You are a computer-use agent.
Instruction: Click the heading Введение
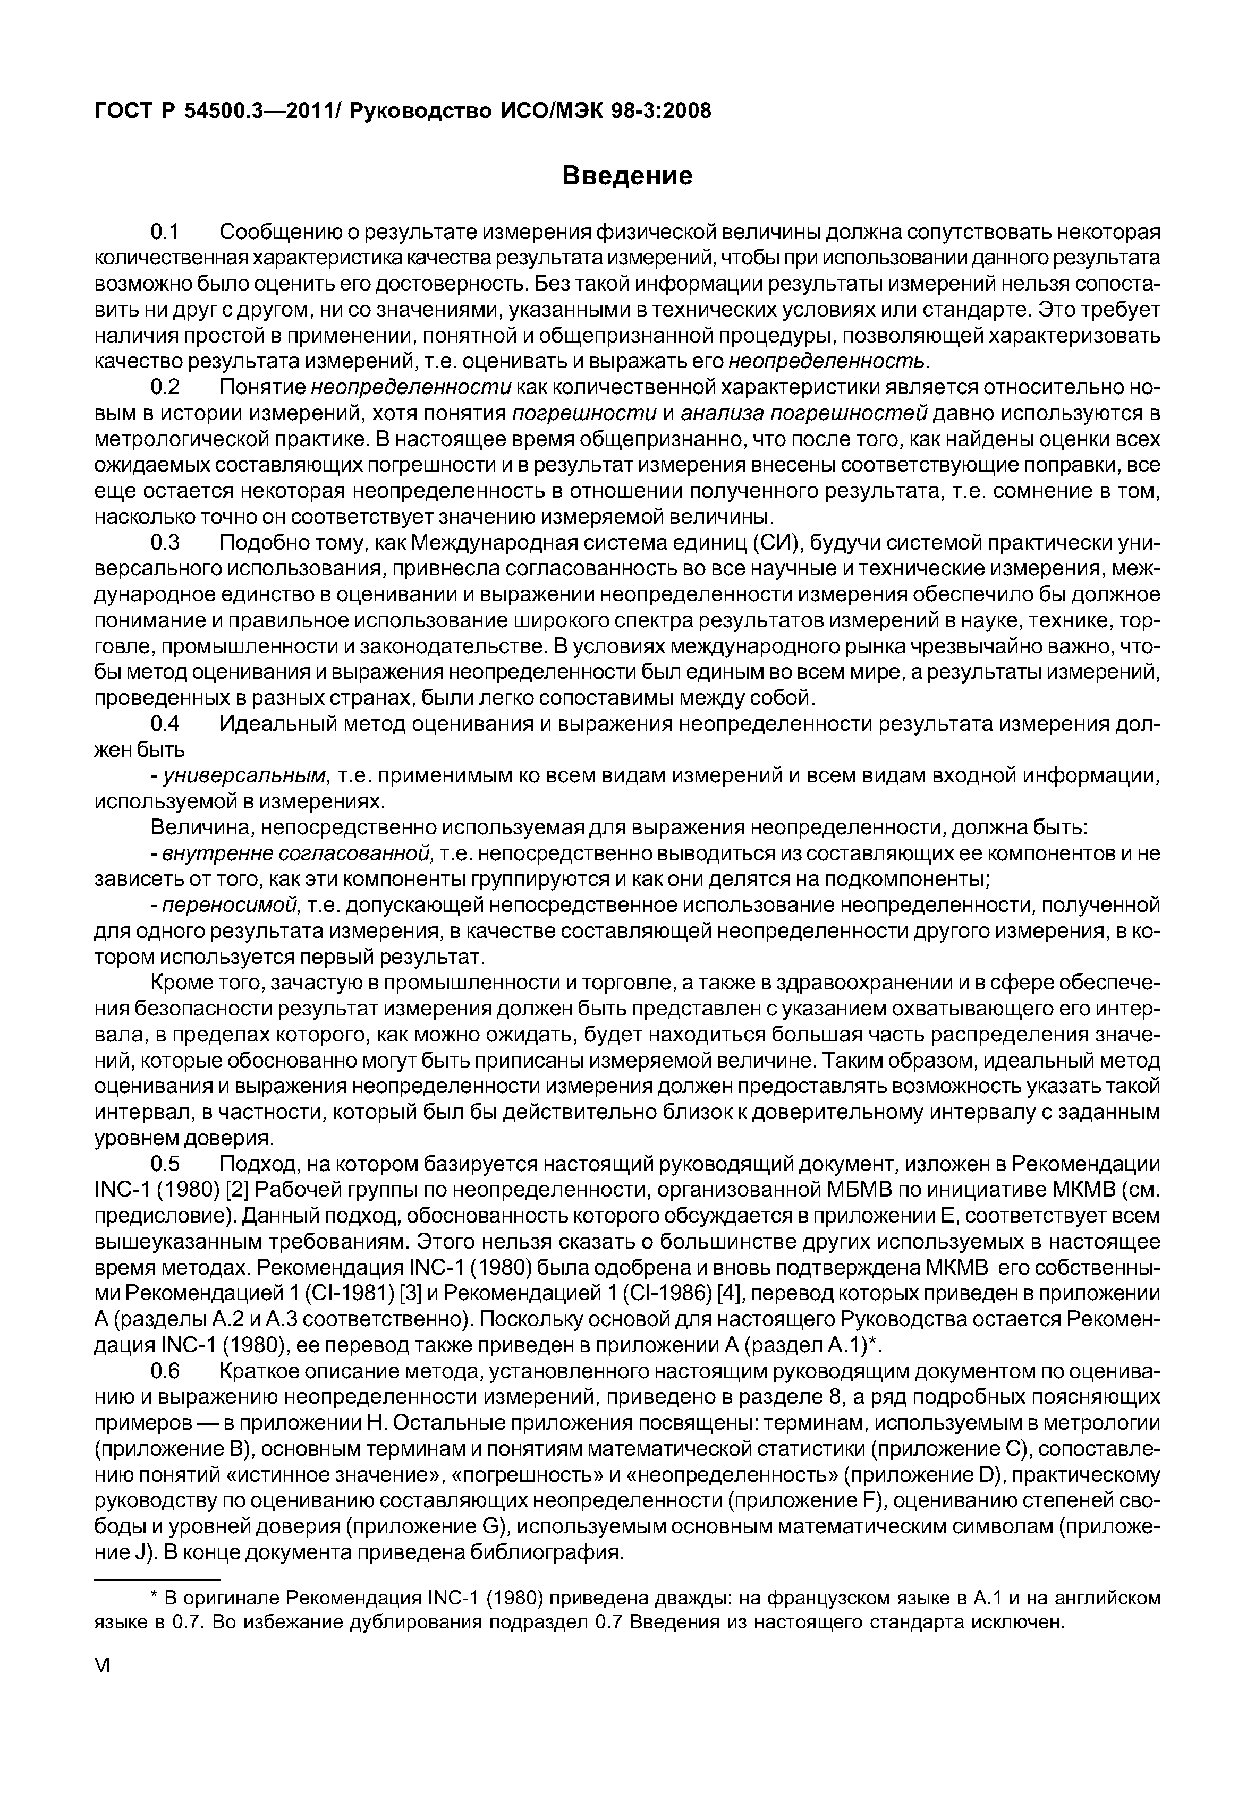coord(627,175)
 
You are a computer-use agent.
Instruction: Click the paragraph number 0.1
coord(166,233)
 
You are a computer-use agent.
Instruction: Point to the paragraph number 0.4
coord(166,724)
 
